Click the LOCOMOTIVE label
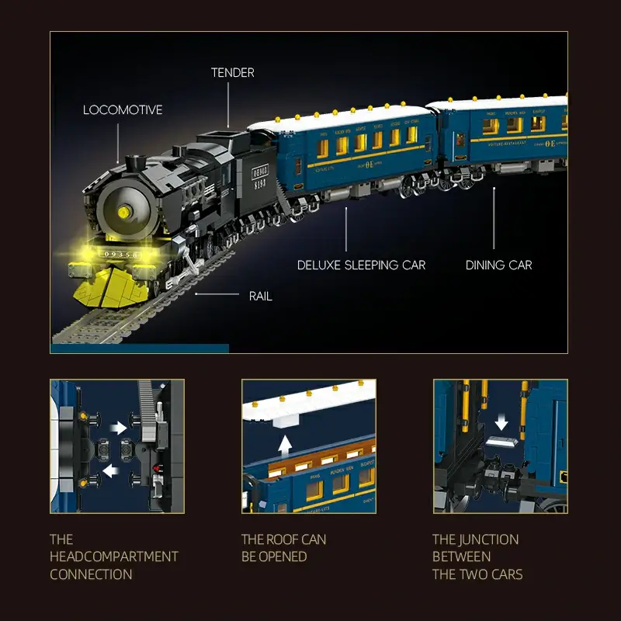[123, 110]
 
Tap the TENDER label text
[232, 73]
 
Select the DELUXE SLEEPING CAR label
[361, 265]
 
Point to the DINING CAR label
[498, 265]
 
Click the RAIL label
[260, 296]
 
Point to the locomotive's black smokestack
[137, 163]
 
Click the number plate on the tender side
[259, 170]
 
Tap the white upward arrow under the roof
[285, 445]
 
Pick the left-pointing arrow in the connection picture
[111, 470]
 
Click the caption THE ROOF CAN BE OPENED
[283, 548]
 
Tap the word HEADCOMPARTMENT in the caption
[114, 557]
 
